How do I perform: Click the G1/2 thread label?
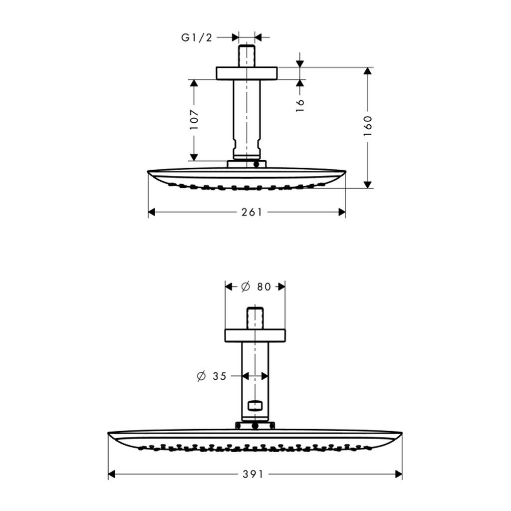pos(197,38)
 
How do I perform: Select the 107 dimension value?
pos(194,119)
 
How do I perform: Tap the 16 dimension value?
pos(300,105)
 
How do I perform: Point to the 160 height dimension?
pos(368,125)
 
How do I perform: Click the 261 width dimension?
pos(252,213)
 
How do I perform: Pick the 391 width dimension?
pos(253,474)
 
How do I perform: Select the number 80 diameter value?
pos(264,287)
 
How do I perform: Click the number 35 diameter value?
pos(220,376)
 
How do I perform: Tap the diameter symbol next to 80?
pos(246,287)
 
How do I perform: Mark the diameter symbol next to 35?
pos(202,376)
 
